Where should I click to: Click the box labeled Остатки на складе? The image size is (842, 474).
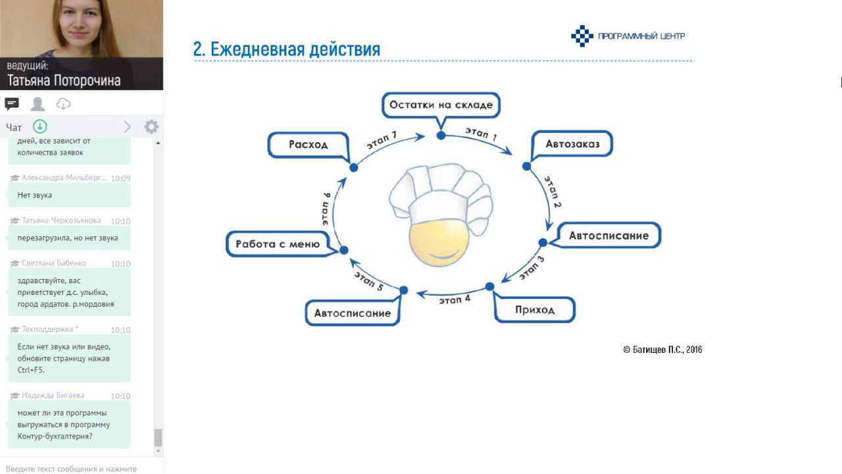pos(441,105)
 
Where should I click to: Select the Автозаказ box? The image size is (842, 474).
pos(572,144)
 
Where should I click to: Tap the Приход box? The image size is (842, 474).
pos(534,309)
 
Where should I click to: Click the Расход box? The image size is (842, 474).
pos(308,144)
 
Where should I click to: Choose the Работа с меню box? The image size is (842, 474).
pos(277,244)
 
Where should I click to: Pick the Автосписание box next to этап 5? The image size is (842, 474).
pos(352,313)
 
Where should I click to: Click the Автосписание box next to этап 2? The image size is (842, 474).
pos(608,235)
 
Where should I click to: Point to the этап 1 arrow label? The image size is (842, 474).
pos(481,135)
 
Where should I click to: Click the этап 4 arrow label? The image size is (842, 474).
pos(455,300)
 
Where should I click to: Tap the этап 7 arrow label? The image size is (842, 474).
pos(382,140)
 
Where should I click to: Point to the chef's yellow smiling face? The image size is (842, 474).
pos(439,244)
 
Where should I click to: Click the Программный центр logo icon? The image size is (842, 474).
pos(582,36)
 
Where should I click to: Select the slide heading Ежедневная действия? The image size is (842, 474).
pos(287,49)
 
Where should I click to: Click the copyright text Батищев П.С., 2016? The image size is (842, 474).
pos(662,350)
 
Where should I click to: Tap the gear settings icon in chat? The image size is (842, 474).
pos(151,126)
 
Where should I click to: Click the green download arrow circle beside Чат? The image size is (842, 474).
pos(40,126)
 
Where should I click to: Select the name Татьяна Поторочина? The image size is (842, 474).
pos(64,80)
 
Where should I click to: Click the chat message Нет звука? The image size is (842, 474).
pos(34,195)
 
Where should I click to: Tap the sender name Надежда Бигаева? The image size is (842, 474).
pos(53,395)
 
